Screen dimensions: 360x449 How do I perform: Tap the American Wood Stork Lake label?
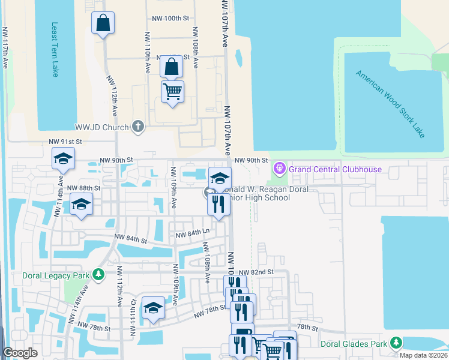390,104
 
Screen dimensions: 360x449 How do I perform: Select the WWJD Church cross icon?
138,127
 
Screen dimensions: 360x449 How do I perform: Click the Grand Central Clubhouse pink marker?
279,169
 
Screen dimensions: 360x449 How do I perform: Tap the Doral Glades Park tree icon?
396,343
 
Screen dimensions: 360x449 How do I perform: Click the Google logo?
20,353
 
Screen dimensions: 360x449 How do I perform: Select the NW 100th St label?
171,19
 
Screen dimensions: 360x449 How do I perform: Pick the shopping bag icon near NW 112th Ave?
103,23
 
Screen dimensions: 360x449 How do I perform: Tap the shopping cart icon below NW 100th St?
172,92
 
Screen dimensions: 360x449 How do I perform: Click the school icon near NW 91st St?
63,159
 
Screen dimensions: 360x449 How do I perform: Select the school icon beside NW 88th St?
81,203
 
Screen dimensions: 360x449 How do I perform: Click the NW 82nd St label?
259,272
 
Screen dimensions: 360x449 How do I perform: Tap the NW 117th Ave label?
5,48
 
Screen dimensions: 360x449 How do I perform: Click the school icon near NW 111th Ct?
153,308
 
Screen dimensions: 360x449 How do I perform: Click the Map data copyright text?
423,355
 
